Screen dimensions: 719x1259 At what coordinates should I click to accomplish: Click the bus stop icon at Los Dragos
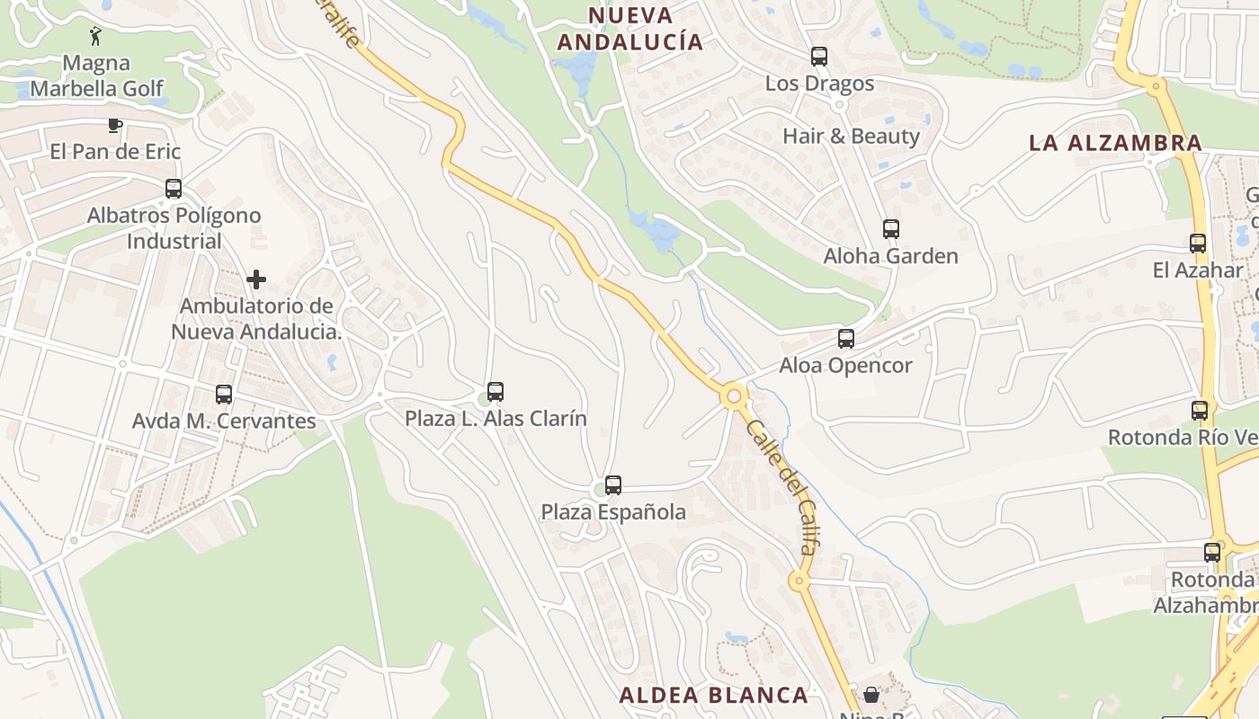(818, 57)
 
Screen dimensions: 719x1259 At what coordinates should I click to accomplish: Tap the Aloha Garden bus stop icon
(890, 229)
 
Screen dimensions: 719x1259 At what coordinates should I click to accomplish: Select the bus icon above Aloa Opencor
(845, 339)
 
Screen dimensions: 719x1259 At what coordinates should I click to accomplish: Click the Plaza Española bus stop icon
(612, 485)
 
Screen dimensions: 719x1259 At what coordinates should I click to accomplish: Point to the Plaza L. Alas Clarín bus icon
(495, 392)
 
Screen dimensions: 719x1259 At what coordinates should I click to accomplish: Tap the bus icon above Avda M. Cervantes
(223, 394)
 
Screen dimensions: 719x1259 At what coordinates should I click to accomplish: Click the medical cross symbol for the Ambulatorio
(256, 280)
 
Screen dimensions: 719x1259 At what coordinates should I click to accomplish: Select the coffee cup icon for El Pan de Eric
(114, 125)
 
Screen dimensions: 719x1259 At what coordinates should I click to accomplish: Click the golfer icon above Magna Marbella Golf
(96, 36)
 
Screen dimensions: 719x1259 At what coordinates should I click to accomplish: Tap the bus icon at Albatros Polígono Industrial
(173, 189)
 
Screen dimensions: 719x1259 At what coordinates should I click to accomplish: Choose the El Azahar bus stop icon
(1197, 243)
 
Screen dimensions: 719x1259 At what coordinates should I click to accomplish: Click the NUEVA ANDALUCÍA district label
(629, 29)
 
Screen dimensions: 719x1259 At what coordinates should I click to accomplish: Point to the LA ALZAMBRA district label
(1115, 143)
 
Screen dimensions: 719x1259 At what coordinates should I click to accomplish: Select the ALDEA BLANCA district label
(713, 695)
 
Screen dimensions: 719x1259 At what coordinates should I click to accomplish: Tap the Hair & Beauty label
(851, 137)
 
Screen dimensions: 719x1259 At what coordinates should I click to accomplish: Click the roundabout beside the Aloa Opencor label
(735, 395)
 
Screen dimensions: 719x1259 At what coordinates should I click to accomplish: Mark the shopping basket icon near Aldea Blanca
(871, 695)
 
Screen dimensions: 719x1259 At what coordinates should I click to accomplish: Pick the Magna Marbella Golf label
(96, 76)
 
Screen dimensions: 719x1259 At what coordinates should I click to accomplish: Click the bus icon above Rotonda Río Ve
(1199, 411)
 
